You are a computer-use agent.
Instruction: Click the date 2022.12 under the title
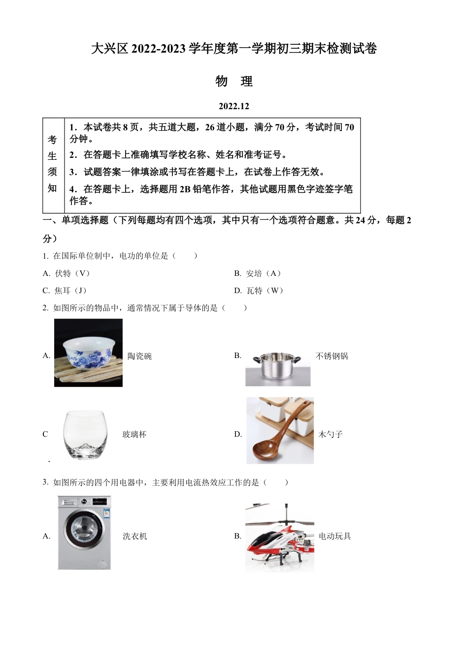(234, 106)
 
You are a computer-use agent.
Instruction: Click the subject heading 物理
(234, 81)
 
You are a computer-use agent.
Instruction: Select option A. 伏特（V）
(67, 273)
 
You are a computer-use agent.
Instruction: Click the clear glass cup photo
(85, 435)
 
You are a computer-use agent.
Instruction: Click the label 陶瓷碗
(139, 356)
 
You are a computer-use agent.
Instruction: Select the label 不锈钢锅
(332, 356)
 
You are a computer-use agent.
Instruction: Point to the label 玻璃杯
(134, 434)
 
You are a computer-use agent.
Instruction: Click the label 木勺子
(330, 434)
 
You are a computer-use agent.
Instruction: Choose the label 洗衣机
(135, 536)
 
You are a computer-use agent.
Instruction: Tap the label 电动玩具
(334, 536)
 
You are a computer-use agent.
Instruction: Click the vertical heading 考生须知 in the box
(53, 164)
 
